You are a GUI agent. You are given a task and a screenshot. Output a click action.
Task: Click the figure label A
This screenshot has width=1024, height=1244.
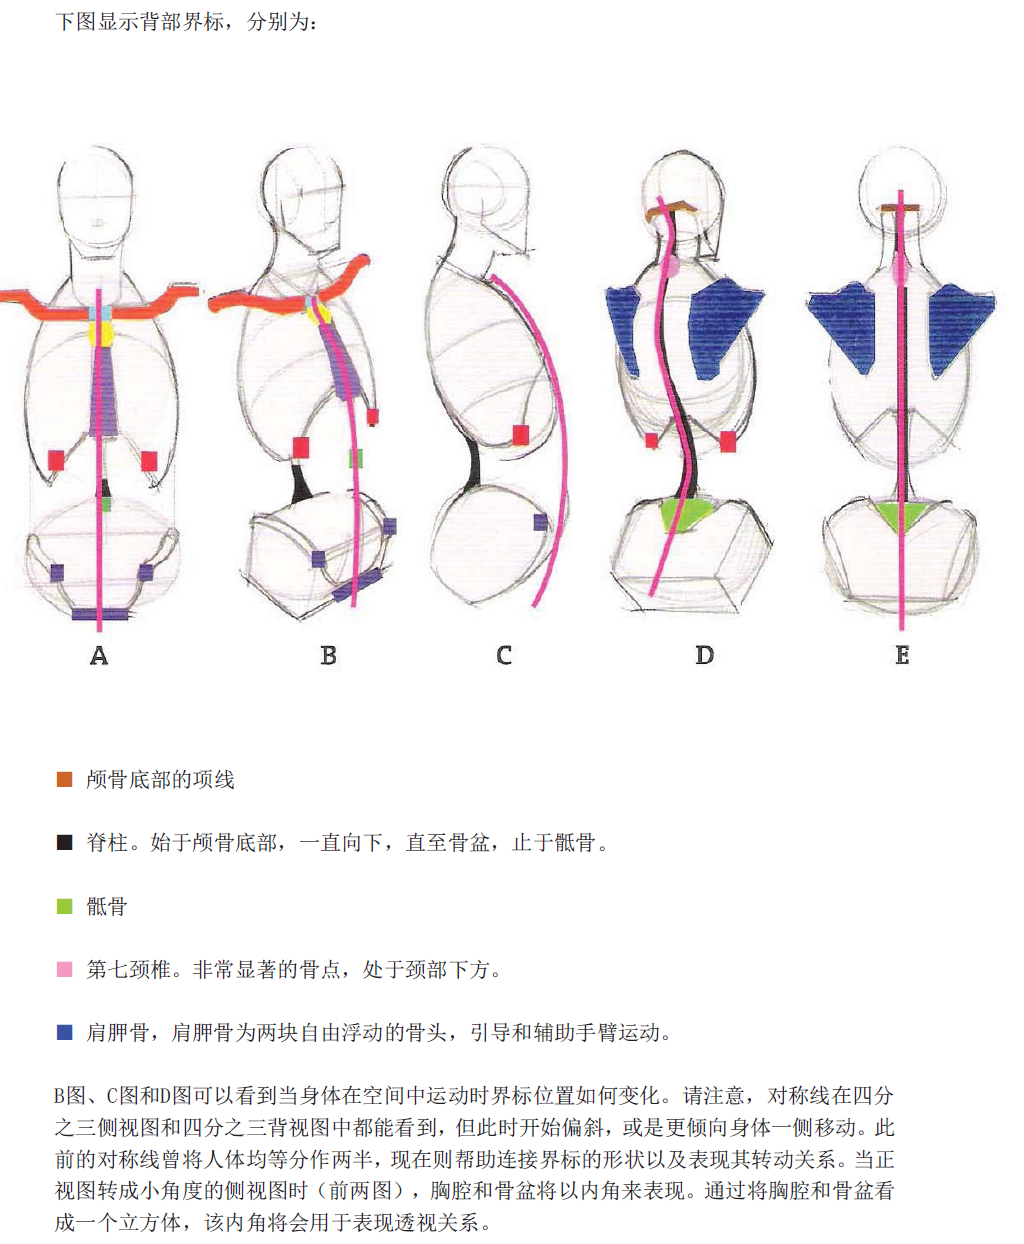point(98,656)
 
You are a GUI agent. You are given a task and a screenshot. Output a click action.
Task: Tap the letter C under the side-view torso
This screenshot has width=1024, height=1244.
point(504,656)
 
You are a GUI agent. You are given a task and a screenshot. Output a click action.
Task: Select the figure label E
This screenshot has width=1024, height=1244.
point(902,656)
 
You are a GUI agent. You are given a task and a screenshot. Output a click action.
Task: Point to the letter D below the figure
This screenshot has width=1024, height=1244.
point(705,656)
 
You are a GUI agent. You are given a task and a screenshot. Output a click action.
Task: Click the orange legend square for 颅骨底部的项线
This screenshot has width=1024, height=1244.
point(65,779)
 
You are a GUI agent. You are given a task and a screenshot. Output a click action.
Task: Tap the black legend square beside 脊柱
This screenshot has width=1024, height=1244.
point(65,842)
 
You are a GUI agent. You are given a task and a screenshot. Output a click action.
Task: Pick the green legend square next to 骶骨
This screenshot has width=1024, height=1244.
point(65,906)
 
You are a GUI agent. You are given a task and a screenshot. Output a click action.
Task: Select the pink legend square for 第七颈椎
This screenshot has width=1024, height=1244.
point(65,969)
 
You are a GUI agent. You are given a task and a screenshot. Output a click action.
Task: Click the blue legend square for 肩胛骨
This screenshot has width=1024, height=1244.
point(65,1032)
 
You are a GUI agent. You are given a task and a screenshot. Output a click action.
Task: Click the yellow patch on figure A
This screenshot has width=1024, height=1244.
point(102,332)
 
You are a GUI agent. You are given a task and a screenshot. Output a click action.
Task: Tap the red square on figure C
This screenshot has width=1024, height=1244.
point(520,435)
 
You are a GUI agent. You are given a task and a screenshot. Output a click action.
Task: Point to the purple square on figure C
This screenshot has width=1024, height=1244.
point(540,521)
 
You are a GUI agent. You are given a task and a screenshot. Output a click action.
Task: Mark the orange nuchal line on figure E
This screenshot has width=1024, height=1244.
point(901,208)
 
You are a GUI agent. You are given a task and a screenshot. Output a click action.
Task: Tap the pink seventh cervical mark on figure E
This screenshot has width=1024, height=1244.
point(901,268)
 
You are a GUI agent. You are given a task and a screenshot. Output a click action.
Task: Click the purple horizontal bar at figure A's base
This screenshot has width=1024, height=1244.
point(98,613)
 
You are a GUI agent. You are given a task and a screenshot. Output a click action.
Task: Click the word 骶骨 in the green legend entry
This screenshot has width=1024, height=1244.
point(107,906)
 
